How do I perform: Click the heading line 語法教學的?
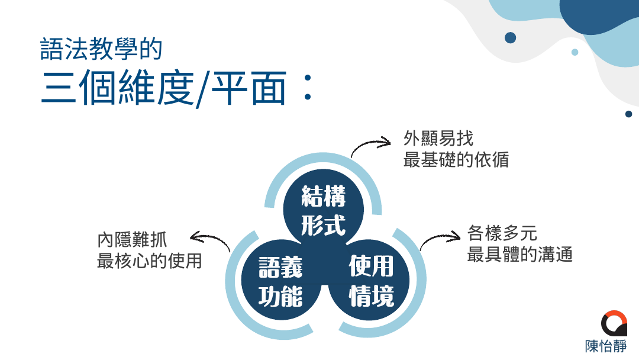pos(101,50)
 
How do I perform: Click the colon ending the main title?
pos(308,87)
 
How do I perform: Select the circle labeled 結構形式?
pos(323,209)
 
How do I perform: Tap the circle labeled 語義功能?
pos(281,280)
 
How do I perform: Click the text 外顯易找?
pos(438,139)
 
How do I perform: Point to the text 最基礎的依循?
pos(456,159)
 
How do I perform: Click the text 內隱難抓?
pos(132,240)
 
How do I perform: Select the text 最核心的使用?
pos(149,261)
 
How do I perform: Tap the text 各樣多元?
pos(502,233)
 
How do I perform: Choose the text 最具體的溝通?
pos(519,254)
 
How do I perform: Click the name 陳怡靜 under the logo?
pos(606,346)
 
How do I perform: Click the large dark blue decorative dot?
pos(510,38)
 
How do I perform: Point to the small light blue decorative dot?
pos(575,52)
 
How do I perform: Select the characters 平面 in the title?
pos(248,88)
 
